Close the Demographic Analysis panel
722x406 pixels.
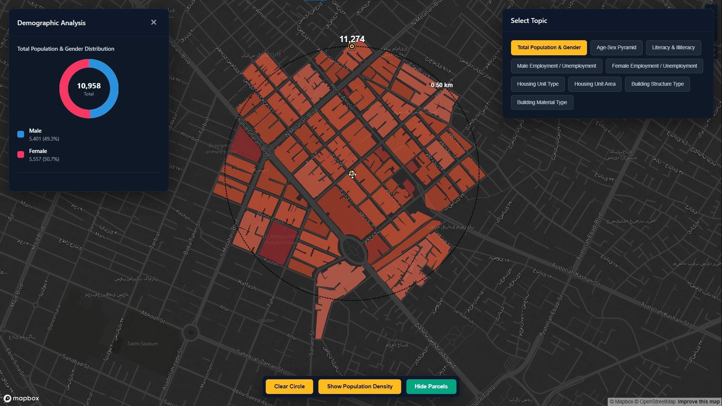(x=153, y=23)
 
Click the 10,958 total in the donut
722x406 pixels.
(x=89, y=86)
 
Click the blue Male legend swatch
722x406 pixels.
(x=21, y=134)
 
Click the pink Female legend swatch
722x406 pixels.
(x=21, y=155)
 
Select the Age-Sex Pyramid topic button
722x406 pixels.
(x=616, y=48)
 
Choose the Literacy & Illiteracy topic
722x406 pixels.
(x=673, y=48)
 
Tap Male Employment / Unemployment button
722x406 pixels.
(x=556, y=66)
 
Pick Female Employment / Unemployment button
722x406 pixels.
(x=654, y=66)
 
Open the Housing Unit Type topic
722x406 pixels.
(x=537, y=84)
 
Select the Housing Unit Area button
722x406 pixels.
(x=595, y=84)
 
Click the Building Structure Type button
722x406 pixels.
(x=657, y=84)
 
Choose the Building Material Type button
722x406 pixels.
(x=541, y=103)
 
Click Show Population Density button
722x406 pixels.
(x=359, y=386)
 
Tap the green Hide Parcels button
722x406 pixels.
(x=431, y=386)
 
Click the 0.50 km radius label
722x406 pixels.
(x=441, y=85)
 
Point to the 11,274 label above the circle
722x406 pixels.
(x=352, y=39)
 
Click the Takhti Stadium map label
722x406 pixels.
(x=142, y=344)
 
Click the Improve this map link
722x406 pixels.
(x=698, y=401)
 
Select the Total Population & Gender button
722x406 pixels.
(x=549, y=48)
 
